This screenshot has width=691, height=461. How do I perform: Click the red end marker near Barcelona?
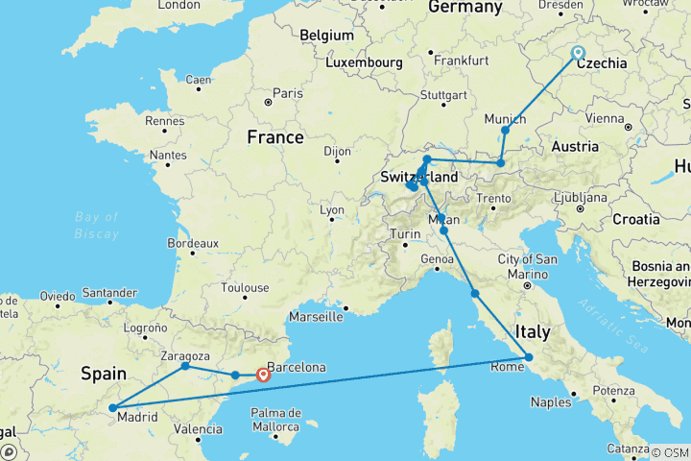pos(263,376)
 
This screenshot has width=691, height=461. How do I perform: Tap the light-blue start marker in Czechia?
pos(578,53)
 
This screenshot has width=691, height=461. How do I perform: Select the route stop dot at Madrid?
pos(113,408)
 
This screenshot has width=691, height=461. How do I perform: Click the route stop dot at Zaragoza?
pos(185,366)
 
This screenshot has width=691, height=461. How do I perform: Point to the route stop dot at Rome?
pos(529,358)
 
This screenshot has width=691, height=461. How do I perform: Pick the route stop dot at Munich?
pos(505,130)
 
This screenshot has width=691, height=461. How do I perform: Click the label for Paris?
pos(288,93)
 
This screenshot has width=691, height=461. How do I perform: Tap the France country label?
pos(275,137)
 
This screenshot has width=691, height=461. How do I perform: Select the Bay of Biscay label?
pos(97,224)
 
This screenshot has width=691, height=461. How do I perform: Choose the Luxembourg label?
pos(362,62)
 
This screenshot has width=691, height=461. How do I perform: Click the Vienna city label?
pos(604,118)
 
